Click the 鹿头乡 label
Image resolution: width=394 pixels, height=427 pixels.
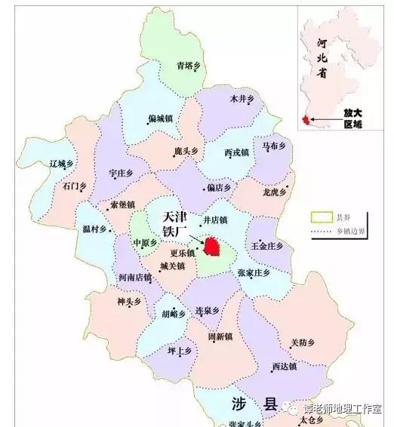tap(185, 152)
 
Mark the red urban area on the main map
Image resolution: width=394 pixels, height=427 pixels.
tap(212, 245)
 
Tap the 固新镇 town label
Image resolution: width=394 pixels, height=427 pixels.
tap(223, 335)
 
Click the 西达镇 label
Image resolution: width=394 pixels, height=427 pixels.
tap(285, 367)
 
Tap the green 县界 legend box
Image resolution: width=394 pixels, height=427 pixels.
tap(320, 217)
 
